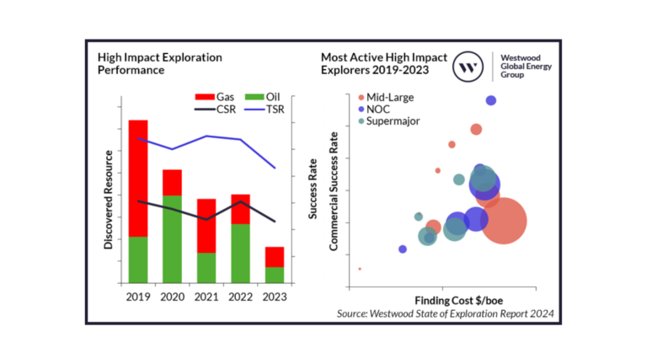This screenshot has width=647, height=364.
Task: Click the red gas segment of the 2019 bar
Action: [x=138, y=177]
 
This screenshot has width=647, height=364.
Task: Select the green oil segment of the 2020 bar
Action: [x=172, y=238]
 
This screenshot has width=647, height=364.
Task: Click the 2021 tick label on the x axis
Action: [x=206, y=296]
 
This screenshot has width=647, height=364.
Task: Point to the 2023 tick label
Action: [x=273, y=296]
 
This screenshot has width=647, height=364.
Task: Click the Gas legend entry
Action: [x=215, y=96]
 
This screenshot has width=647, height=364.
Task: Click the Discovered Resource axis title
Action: [x=109, y=200]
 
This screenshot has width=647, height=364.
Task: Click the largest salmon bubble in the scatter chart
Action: [x=504, y=222]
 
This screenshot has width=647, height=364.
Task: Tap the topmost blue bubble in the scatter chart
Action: [x=490, y=100]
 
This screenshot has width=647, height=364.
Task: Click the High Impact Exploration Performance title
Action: [x=159, y=64]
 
